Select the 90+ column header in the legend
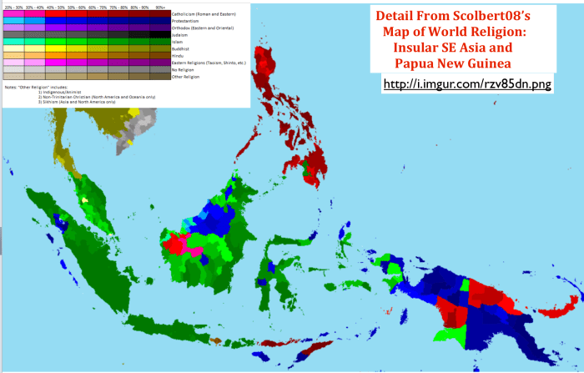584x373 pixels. point(160,7)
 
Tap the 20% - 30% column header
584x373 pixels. point(13,7)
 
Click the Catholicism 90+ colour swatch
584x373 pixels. point(160,14)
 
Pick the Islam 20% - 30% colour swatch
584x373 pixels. point(13,42)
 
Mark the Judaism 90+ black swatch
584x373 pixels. point(160,35)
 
